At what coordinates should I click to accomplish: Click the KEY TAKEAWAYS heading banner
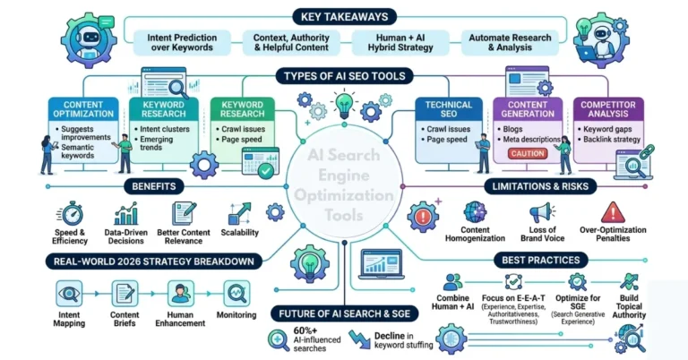(x=344, y=15)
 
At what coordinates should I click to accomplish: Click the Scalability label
(x=238, y=232)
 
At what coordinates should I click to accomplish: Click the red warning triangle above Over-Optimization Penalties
(x=613, y=212)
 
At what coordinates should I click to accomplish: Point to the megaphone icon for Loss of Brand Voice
(x=541, y=213)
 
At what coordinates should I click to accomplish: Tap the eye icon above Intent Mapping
(x=69, y=293)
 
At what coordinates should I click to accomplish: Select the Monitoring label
(x=237, y=316)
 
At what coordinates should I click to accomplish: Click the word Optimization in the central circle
(x=345, y=195)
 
